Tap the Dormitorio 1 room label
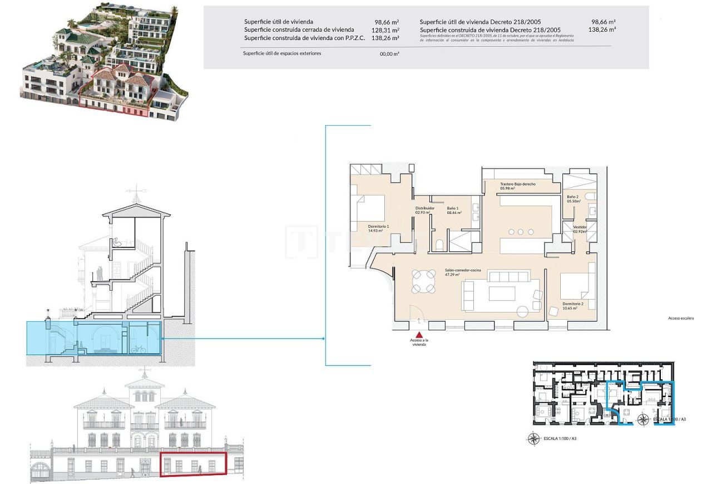coord(378,226)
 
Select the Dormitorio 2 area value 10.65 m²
coord(572,308)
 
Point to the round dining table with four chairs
coord(423,281)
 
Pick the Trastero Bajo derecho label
coord(517,184)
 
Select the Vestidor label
coord(580,227)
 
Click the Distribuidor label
coord(424,208)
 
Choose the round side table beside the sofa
coord(523,311)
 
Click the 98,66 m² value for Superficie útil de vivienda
coord(387,22)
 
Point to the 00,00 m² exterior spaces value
coord(389,54)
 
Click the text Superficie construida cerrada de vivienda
coord(299,30)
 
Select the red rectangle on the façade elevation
coord(193,464)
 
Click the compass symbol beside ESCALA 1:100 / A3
coord(533,439)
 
